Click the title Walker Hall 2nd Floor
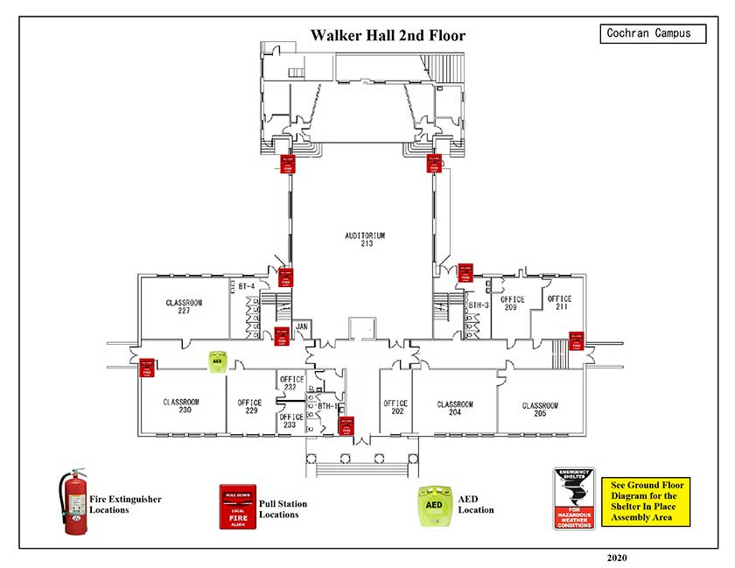(x=388, y=36)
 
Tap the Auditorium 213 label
(x=365, y=239)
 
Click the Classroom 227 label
(x=184, y=306)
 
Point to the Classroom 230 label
(x=181, y=407)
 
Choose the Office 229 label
(x=249, y=407)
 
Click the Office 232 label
(x=290, y=383)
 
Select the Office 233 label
(x=290, y=421)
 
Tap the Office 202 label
(x=395, y=408)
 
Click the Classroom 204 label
(x=455, y=409)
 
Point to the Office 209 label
(x=513, y=304)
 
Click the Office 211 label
(x=559, y=304)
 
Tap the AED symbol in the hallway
(x=217, y=361)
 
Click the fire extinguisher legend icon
(x=73, y=501)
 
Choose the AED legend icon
(x=433, y=505)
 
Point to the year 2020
(x=617, y=557)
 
